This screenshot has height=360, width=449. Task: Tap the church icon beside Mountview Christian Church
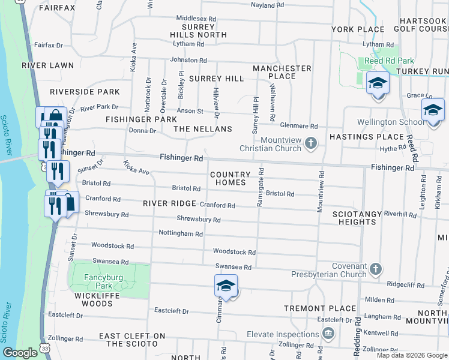pos(310,143)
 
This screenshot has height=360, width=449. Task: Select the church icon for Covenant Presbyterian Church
pos(376,268)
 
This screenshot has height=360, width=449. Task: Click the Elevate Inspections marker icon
pos(328,333)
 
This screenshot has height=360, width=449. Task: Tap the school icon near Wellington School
pos(432,110)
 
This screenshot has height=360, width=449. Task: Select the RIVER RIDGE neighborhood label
pos(170,203)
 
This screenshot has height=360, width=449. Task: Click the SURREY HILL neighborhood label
pos(216,79)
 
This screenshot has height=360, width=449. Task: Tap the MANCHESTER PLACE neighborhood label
pos(282,72)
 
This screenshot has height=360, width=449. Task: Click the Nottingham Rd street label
pos(181,233)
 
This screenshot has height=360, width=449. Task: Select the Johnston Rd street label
pos(188,60)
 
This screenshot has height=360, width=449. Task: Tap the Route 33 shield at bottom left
pos(45,347)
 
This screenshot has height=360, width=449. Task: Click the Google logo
pos(20,353)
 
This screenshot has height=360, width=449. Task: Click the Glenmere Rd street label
pos(299,126)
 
